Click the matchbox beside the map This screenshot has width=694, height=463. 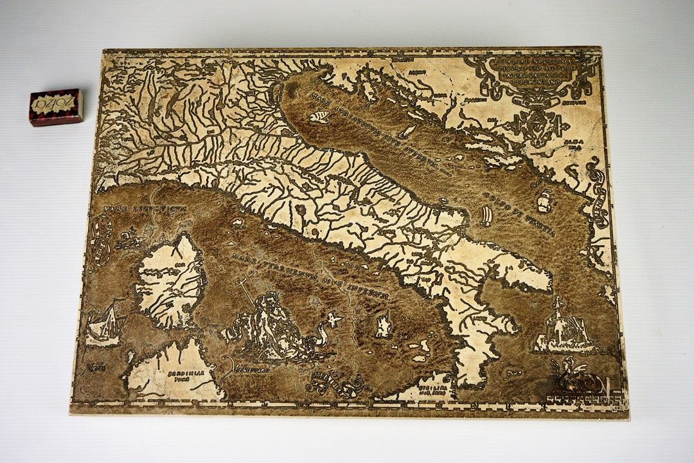55,106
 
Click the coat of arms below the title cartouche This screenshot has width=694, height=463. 538,126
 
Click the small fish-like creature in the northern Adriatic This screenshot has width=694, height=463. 319,117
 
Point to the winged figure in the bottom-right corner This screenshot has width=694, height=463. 575,379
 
